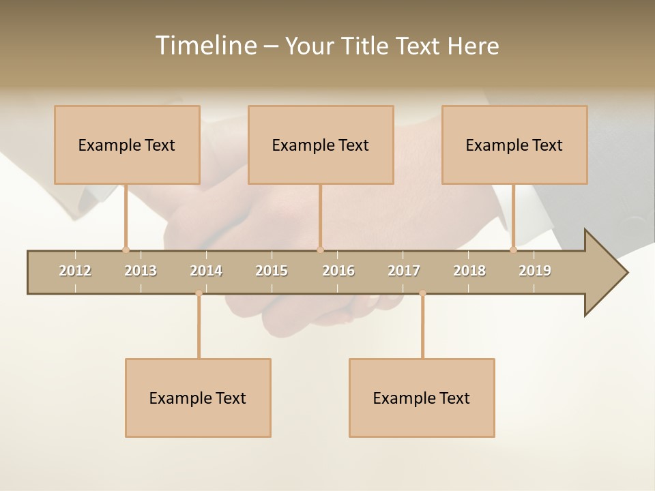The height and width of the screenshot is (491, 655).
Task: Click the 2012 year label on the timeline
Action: [75, 271]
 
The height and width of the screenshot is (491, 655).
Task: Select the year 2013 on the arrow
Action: [141, 271]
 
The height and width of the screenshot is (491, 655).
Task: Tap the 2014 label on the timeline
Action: [206, 271]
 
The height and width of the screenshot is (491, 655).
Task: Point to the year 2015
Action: [272, 271]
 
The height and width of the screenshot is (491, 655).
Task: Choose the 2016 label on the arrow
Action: [338, 271]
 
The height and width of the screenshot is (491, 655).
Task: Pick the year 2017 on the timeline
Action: [404, 271]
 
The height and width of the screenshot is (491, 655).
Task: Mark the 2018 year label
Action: [469, 271]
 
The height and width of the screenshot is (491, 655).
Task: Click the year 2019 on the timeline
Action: [535, 271]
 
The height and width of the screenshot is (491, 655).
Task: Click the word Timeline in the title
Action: [205, 46]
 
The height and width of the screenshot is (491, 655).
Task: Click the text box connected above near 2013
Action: [127, 145]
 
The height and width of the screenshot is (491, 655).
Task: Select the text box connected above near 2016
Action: [321, 145]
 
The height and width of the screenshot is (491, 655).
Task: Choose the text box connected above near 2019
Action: [514, 145]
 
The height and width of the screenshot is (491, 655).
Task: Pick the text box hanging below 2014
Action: [198, 398]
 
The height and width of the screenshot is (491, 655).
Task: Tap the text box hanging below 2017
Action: [422, 398]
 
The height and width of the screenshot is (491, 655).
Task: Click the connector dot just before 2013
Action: [126, 250]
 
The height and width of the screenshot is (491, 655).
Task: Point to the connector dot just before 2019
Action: [513, 250]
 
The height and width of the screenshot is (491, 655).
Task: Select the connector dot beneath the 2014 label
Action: [199, 293]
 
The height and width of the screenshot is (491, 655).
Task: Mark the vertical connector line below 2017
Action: [422, 327]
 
